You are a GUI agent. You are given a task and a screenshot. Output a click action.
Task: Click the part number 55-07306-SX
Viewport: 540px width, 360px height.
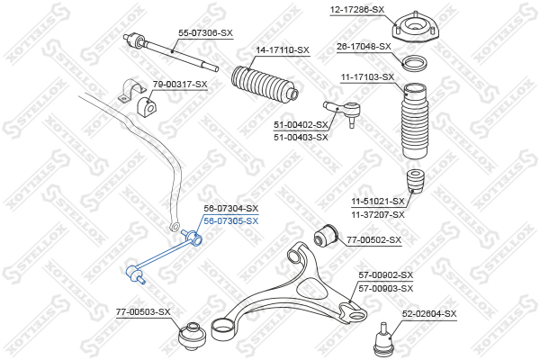pyautogui.click(x=205, y=33)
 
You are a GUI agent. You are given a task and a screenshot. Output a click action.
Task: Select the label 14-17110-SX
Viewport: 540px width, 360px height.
pyautogui.click(x=283, y=50)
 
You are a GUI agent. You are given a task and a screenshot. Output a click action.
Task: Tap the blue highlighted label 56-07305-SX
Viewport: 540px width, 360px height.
pyautogui.click(x=231, y=220)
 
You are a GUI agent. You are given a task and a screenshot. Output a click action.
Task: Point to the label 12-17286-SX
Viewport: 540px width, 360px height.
pyautogui.click(x=357, y=10)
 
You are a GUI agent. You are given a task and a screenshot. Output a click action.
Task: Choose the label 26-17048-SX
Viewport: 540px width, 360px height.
pyautogui.click(x=364, y=46)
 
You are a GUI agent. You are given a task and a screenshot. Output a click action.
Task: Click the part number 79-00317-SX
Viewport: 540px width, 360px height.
pyautogui.click(x=180, y=84)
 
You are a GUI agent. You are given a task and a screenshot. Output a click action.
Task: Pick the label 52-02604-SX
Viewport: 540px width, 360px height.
pyautogui.click(x=429, y=313)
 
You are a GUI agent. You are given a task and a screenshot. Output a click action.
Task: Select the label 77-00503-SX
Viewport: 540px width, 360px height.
pyautogui.click(x=143, y=312)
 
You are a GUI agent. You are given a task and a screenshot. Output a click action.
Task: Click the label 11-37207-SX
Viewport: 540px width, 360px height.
pyautogui.click(x=378, y=214)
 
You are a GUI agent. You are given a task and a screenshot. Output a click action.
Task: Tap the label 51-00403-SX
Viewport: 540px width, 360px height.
pyautogui.click(x=301, y=137)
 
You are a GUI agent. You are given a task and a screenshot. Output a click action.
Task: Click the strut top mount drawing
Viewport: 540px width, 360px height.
pyautogui.click(x=416, y=28)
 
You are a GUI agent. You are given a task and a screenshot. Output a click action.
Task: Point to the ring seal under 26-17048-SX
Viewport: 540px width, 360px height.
pyautogui.click(x=415, y=64)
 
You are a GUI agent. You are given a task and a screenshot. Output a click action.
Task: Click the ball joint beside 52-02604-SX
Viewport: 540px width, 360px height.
pyautogui.click(x=383, y=340)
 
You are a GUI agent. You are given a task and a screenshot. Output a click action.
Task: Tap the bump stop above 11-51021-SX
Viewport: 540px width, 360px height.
pyautogui.click(x=416, y=181)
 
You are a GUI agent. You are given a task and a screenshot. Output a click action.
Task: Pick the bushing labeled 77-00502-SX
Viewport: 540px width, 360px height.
pyautogui.click(x=326, y=236)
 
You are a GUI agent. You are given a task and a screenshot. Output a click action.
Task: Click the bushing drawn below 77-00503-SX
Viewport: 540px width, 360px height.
pyautogui.click(x=193, y=337)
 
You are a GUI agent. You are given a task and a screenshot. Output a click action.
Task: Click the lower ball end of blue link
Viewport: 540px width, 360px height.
pyautogui.click(x=133, y=272)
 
